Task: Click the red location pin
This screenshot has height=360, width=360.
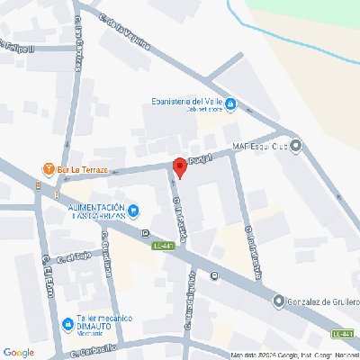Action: [x=179, y=166]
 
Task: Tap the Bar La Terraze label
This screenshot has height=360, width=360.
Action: [x=82, y=169]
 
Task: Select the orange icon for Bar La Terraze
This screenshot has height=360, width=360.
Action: [x=47, y=169]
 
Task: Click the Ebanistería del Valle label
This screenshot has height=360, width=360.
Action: [x=184, y=103]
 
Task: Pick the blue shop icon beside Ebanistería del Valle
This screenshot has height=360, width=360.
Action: [x=230, y=105]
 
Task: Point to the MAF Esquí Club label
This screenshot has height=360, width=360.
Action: [x=260, y=145]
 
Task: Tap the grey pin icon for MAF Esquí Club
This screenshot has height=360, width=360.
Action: [x=297, y=145]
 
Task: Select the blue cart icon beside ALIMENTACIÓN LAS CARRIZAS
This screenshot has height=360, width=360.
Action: [x=133, y=212]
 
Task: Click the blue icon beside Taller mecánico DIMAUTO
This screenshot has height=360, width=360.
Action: [x=67, y=323]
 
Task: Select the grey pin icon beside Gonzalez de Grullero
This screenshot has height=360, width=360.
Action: [x=279, y=301]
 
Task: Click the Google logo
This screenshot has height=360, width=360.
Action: [x=18, y=351]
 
